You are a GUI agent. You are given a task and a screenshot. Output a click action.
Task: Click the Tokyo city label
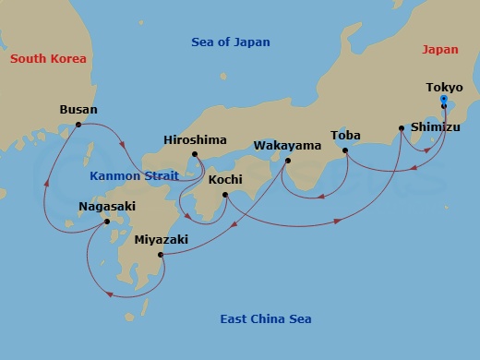pyautogui.click(x=444, y=88)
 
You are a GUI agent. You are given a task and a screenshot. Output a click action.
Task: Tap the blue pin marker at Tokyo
pyautogui.click(x=444, y=100)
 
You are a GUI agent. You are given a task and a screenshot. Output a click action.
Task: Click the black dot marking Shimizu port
pyautogui.click(x=401, y=128)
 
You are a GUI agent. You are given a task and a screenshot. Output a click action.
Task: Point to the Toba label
pyautogui.click(x=345, y=135)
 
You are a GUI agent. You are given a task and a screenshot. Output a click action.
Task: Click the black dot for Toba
pyautogui.click(x=344, y=150)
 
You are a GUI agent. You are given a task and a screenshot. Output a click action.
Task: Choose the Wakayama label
pyautogui.click(x=287, y=146)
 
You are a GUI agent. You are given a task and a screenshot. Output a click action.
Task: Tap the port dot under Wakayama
pyautogui.click(x=288, y=161)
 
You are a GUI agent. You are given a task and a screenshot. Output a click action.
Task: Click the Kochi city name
pyautogui.click(x=225, y=179)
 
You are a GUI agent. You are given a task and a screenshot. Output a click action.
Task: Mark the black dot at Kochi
pyautogui.click(x=225, y=194)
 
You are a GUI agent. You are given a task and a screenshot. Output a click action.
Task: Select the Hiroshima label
pyautogui.click(x=195, y=139)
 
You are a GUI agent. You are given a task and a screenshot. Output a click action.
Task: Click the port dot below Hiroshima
pyautogui.click(x=195, y=154)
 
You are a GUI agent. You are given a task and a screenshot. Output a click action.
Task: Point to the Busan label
pyautogui.click(x=78, y=109)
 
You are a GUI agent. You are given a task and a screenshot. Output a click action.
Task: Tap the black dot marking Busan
pyautogui.click(x=78, y=125)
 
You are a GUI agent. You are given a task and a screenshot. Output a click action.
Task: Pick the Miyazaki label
pyautogui.click(x=161, y=239)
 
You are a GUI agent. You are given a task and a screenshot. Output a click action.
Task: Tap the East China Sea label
pyautogui.click(x=265, y=319)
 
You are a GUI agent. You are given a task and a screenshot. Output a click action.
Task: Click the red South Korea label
pyautogui.click(x=48, y=59)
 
